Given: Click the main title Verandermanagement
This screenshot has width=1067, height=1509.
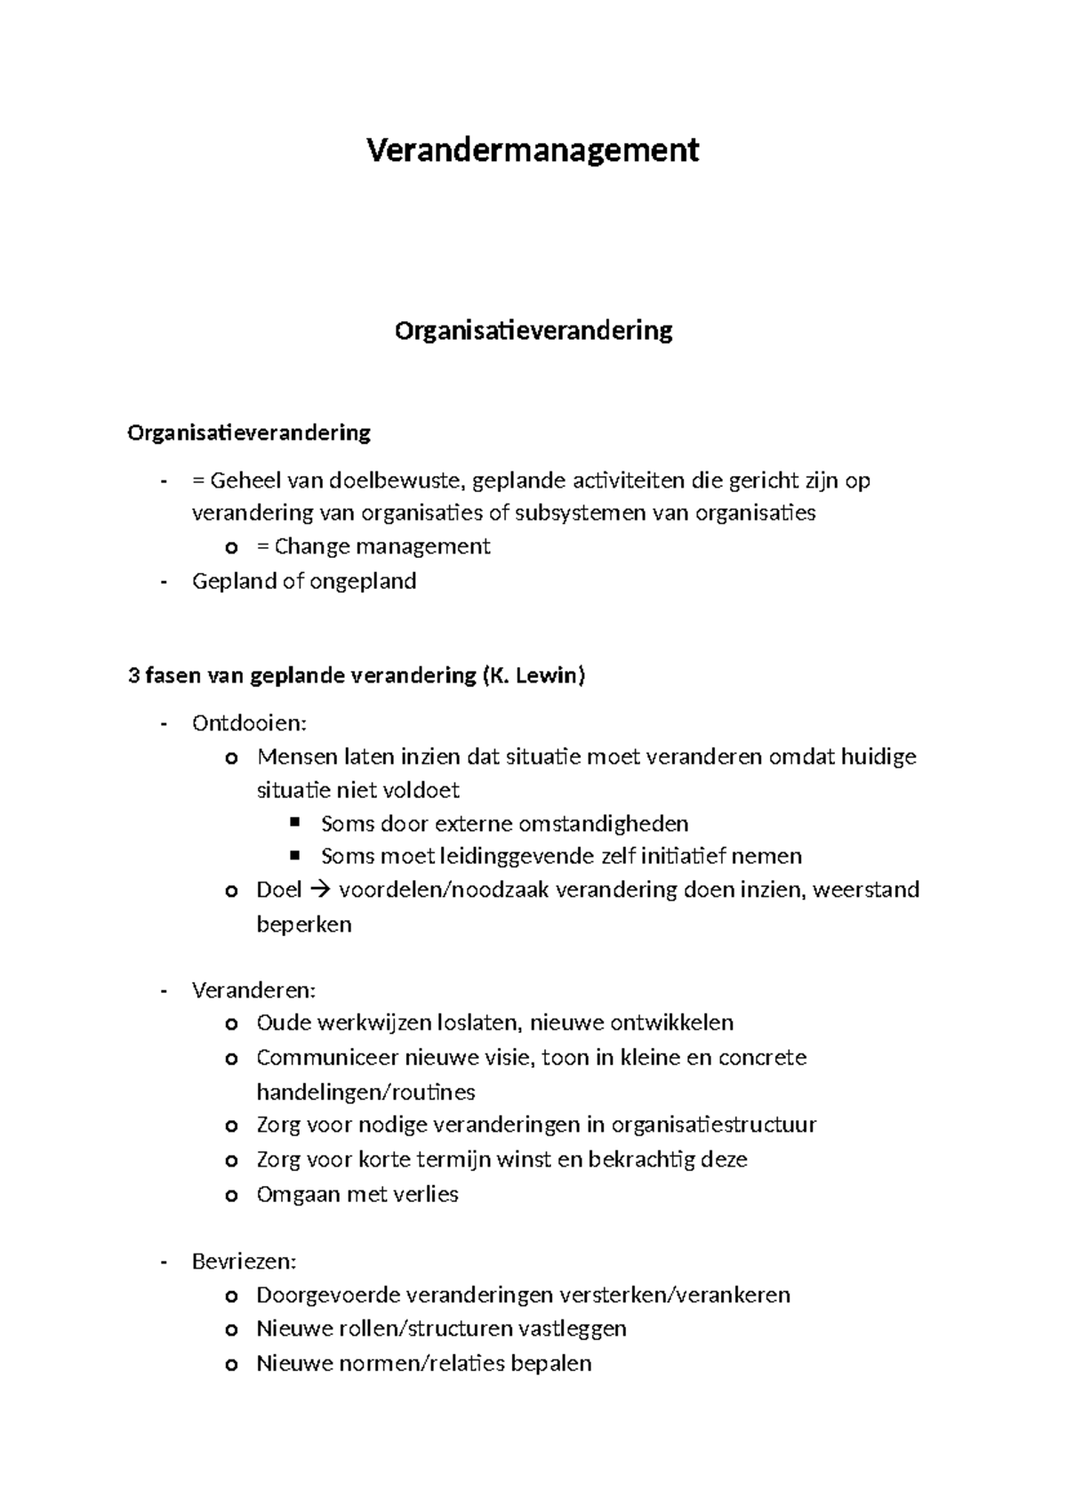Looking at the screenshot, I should tap(533, 149).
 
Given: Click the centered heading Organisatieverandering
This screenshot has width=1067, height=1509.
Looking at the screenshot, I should tap(533, 331).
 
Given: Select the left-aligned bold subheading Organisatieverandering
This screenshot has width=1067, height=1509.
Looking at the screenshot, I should tap(249, 433).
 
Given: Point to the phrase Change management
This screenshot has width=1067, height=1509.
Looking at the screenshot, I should tap(382, 546).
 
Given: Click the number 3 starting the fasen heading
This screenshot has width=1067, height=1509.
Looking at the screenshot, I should tap(134, 675).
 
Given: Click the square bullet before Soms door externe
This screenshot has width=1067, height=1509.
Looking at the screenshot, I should tap(296, 821).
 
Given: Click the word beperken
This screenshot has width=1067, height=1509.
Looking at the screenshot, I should tap(304, 924).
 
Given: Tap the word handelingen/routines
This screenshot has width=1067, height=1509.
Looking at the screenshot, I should tap(365, 1092).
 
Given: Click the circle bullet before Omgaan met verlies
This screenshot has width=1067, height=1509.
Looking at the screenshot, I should tap(232, 1196).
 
